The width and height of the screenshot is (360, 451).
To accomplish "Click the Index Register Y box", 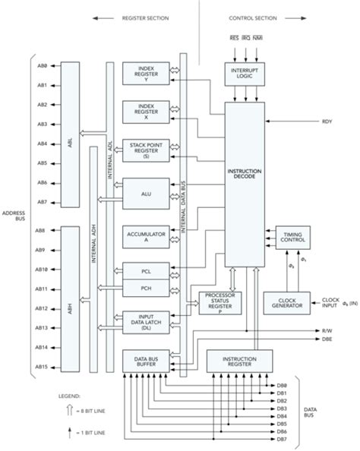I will coord(147,73).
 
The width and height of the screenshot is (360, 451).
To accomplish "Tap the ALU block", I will coord(147,194).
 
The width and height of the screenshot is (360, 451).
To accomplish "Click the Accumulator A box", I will coord(147,236).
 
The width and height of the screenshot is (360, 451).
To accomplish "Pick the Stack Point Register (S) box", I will coord(147,149).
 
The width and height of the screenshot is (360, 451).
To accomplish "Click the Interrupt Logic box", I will coord(244,73).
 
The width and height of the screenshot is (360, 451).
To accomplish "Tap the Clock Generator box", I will coord(286,304).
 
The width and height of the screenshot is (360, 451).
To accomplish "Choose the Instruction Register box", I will coord(239,360).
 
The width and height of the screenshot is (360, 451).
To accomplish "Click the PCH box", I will coord(147,289).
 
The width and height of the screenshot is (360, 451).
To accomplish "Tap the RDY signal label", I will coord(327,121).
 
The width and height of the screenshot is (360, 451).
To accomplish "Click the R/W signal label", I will coord(327,331).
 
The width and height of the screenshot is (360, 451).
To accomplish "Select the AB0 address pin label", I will coord(42,66).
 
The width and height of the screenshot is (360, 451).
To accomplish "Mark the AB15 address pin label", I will coord(42,367).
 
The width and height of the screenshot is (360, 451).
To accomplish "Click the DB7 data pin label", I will coord(282,439).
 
